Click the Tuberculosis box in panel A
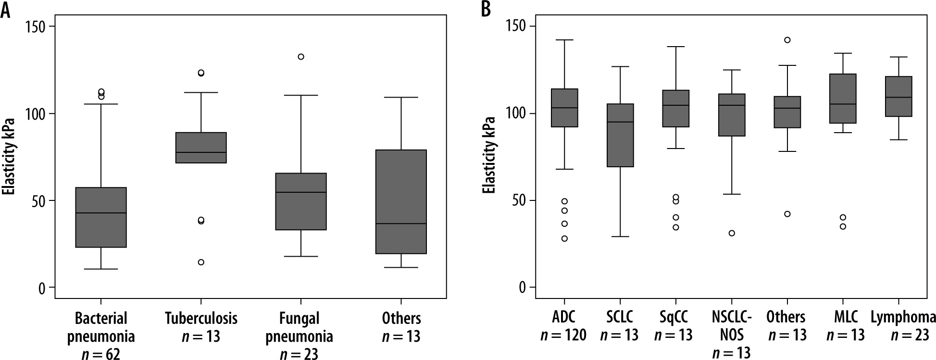(201, 148)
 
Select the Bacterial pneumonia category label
(101, 327)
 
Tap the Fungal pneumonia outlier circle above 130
(301, 57)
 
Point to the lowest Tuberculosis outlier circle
(201, 262)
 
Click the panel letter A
(5, 10)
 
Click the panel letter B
(486, 10)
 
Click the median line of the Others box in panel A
(401, 223)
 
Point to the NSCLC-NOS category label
(732, 326)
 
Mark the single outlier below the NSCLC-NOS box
(732, 233)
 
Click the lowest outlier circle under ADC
(564, 238)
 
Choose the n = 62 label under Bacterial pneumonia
(101, 354)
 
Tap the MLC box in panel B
(843, 99)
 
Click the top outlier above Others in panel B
(787, 40)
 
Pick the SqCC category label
(675, 317)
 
